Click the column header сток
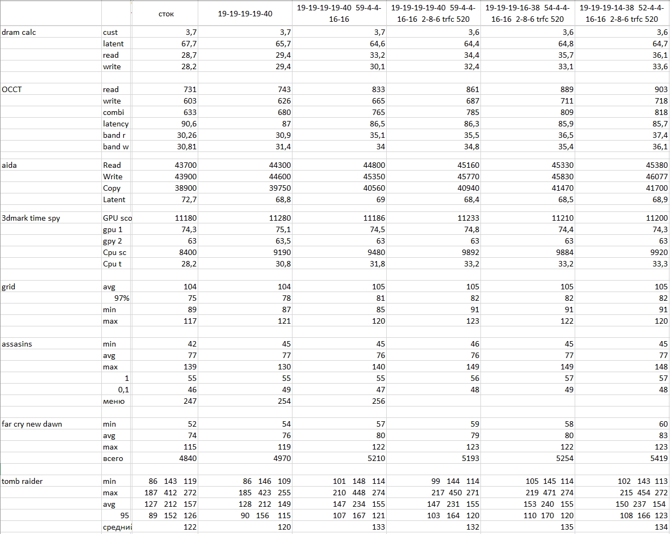point(166,14)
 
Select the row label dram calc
point(19,32)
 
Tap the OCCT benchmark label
point(12,89)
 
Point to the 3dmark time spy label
point(31,218)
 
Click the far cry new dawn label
point(32,424)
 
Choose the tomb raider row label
point(22,481)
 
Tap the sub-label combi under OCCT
point(113,112)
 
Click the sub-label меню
point(114,401)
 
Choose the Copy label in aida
point(112,188)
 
